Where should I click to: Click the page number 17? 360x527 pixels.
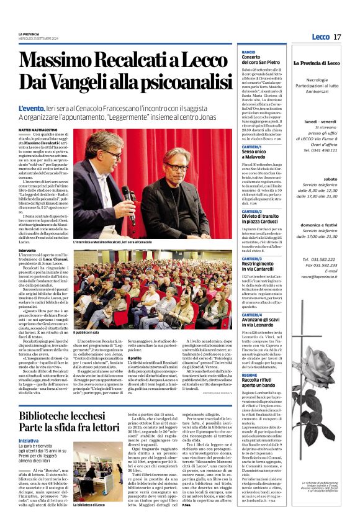(x=337, y=37)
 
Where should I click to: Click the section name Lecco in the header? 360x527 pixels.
(x=320, y=37)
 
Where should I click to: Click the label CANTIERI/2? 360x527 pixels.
(x=252, y=212)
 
